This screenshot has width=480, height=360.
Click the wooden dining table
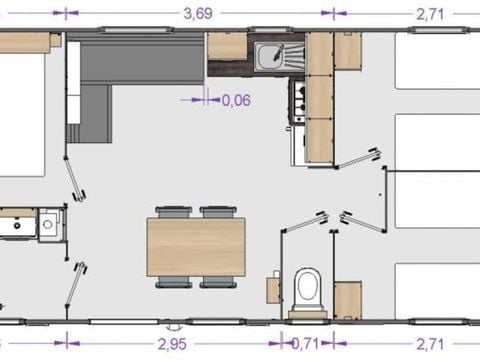tap(196, 246)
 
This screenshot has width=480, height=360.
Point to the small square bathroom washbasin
tap(47, 222)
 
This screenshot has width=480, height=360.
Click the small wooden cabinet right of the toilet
tap(347, 298)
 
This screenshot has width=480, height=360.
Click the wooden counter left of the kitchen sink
tap(226, 46)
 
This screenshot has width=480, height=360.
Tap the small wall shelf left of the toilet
tap(273, 290)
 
